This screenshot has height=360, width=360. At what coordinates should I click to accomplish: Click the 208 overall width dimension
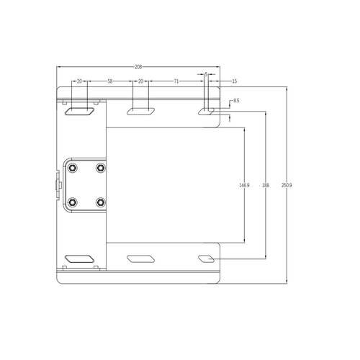coord(138,67)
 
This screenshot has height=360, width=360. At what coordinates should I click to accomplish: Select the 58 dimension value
coord(109,81)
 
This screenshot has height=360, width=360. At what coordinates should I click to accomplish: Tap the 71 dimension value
coord(176,81)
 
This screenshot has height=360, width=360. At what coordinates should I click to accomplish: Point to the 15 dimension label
coord(235,81)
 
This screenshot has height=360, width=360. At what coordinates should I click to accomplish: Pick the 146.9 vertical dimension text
coord(244,185)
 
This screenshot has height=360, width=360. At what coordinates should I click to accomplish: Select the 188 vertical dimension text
coord(265,185)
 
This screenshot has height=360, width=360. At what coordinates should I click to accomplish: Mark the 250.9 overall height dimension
coord(287,185)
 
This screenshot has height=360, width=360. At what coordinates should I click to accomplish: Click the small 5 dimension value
coord(207,74)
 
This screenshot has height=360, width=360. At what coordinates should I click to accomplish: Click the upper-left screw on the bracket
coord(73,168)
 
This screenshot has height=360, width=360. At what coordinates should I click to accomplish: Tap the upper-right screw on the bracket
coord(99,168)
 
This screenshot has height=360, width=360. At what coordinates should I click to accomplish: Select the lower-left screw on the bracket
coord(73,202)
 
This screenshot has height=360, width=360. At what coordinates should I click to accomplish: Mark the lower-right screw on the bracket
coord(99,202)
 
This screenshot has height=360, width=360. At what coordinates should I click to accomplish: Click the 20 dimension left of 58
coord(79,81)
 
